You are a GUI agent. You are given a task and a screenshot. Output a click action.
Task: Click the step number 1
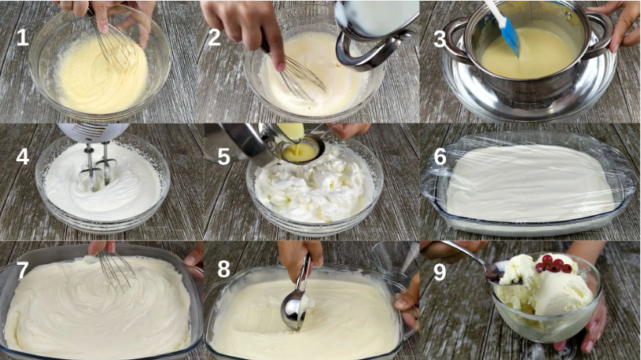(x=22, y=37)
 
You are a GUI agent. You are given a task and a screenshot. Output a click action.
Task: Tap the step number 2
(x=214, y=37)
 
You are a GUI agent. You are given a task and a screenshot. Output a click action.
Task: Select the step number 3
(x=440, y=39)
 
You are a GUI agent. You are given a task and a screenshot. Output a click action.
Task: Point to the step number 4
(x=23, y=157)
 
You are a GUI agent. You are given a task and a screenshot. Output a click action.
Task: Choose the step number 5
(x=224, y=157)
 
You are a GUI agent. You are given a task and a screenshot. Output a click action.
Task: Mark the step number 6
(x=440, y=157)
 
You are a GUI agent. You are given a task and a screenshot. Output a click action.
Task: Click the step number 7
(x=22, y=270)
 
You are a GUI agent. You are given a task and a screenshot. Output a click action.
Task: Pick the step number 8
(x=224, y=270)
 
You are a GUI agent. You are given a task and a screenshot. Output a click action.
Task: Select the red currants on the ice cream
(x=554, y=263)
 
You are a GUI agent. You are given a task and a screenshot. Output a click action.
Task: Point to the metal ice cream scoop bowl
(x=293, y=310)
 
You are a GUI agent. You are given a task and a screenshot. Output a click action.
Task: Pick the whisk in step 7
(x=116, y=267)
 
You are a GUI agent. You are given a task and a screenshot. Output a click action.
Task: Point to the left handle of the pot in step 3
(x=455, y=41)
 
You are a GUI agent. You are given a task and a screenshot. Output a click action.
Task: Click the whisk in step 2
(x=295, y=73)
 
